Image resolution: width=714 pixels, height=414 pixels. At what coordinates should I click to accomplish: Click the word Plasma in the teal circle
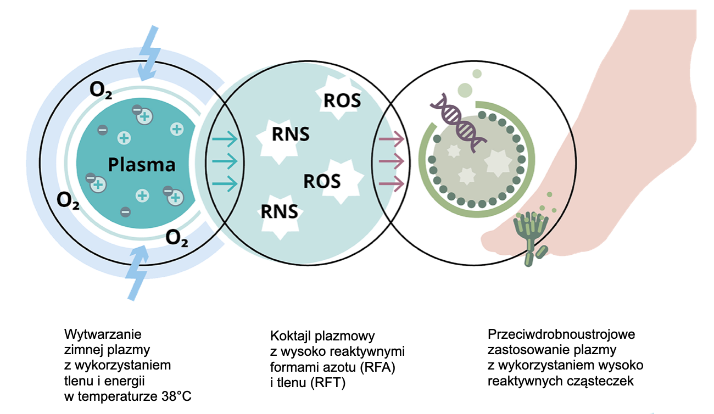tap(142, 165)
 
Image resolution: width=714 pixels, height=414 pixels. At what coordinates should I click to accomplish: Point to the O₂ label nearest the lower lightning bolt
tap(177, 239)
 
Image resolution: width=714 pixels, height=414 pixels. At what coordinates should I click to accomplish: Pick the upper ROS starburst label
tap(342, 101)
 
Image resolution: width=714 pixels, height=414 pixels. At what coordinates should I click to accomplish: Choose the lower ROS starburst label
tap(322, 181)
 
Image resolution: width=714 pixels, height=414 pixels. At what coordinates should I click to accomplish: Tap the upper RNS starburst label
tap(291, 135)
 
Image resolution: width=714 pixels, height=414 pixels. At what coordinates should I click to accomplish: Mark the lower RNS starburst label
tap(280, 211)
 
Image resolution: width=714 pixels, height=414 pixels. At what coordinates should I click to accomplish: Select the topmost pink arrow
tap(391, 139)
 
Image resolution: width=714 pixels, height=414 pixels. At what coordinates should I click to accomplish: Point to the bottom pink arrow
tap(391, 183)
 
